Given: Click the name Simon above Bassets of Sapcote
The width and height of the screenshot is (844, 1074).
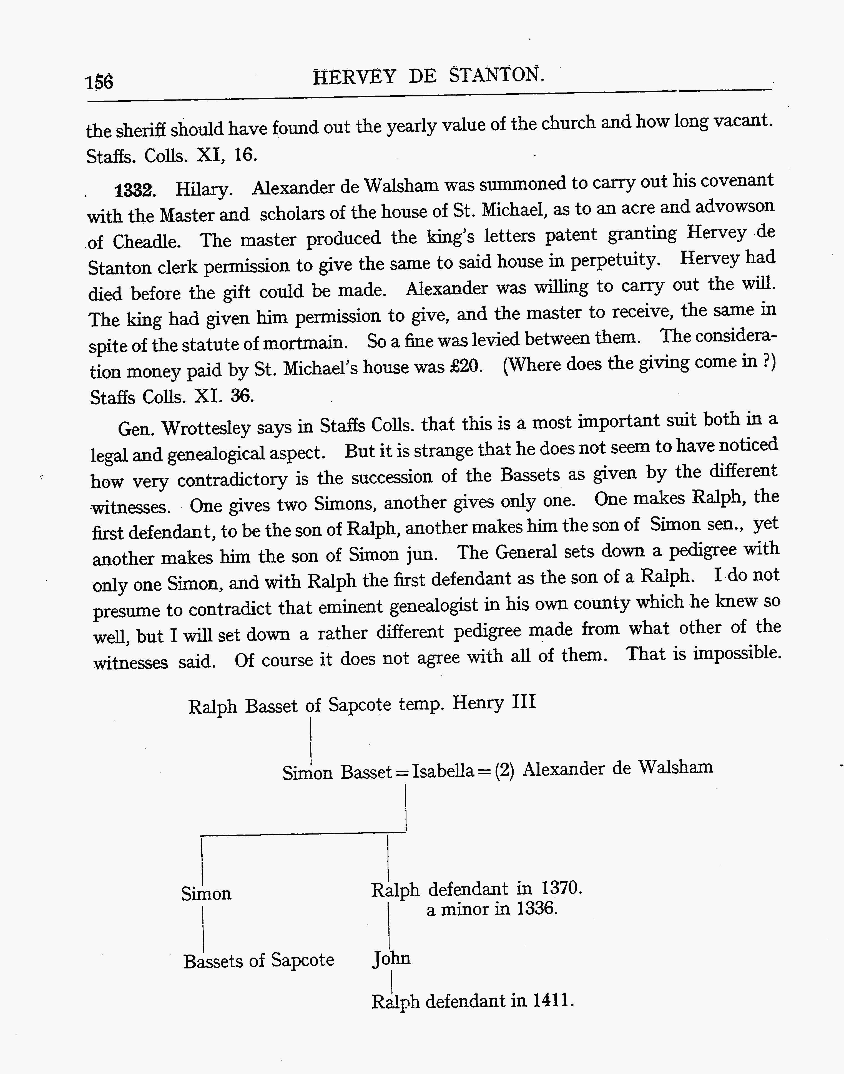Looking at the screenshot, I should coord(206,893).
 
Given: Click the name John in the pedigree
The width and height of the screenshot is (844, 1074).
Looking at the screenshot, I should coord(391,958).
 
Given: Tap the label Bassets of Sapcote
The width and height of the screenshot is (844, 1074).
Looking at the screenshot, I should coord(258,960).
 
